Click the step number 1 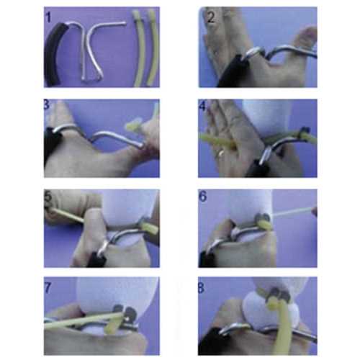[48, 17]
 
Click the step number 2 [211, 17]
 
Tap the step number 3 [47, 104]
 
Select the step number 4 [202, 106]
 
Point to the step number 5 [48, 197]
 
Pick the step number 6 [203, 197]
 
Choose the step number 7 [48, 288]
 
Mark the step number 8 [201, 288]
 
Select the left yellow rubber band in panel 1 [140, 48]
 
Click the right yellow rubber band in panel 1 [152, 48]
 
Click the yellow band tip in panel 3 [132, 126]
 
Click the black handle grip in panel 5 [96, 259]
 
